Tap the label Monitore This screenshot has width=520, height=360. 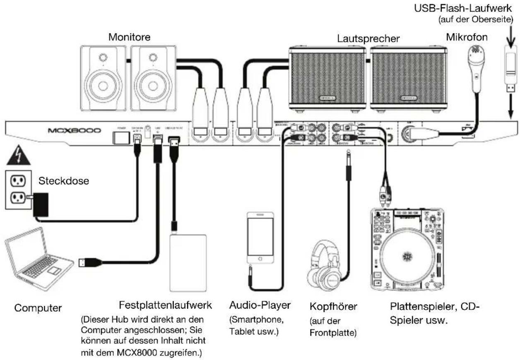click(x=130, y=37)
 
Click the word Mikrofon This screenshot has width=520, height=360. click(x=467, y=37)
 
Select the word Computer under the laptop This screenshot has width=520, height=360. click(x=38, y=308)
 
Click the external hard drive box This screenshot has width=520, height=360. click(x=188, y=263)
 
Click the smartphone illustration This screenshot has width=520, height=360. click(x=260, y=238)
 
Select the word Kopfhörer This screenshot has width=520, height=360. click(x=333, y=307)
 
